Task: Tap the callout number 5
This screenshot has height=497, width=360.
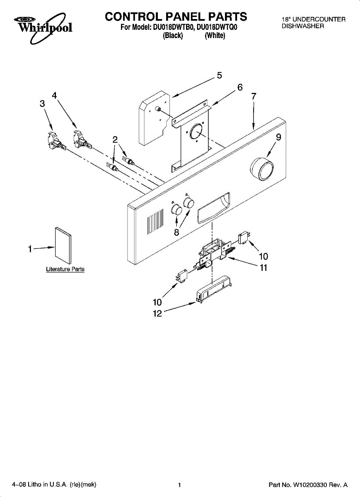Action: pyautogui.click(x=219, y=75)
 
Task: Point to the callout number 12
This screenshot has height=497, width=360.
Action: pyautogui.click(x=157, y=314)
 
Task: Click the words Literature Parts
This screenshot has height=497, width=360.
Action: pyautogui.click(x=65, y=269)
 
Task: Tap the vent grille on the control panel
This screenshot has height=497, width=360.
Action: pyautogui.click(x=155, y=223)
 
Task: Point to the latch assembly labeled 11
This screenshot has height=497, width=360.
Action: pyautogui.click(x=215, y=254)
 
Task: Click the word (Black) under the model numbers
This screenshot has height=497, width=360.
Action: pyautogui.click(x=173, y=36)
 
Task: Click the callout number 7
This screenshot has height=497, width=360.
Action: pyautogui.click(x=254, y=96)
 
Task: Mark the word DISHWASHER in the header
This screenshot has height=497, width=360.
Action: pyautogui.click(x=303, y=26)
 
